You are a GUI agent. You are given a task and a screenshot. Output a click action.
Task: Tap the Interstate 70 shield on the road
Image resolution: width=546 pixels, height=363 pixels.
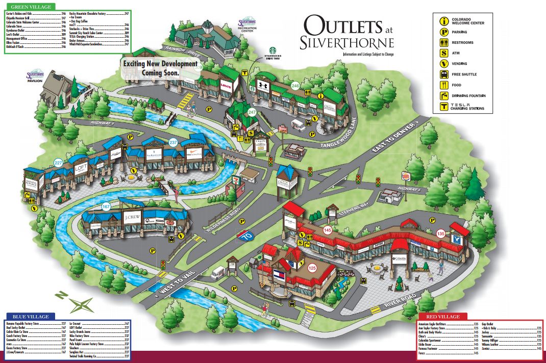[244, 236]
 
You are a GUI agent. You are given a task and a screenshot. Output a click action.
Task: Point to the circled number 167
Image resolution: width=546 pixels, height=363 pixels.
[106, 206]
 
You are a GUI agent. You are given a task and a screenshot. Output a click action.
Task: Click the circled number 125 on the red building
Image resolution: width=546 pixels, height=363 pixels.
[312, 266]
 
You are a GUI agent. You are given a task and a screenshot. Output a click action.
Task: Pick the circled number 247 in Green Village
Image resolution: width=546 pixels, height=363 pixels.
[252, 111]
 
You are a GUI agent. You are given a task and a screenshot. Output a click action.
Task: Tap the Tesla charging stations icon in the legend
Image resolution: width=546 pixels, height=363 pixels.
[444, 107]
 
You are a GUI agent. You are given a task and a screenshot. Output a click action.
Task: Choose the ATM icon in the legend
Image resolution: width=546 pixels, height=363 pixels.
[444, 53]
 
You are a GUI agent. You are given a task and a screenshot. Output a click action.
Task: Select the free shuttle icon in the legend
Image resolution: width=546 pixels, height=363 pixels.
[444, 74]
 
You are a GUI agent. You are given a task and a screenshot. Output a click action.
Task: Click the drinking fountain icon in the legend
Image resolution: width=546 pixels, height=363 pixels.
[444, 95]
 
